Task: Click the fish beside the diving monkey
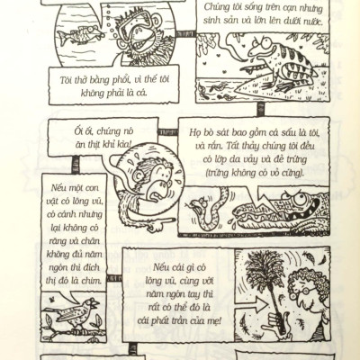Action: click(x=81, y=34)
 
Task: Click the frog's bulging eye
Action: click(x=265, y=42)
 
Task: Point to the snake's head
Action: click(x=199, y=205)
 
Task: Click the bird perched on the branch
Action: click(x=74, y=313)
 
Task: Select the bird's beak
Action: click(x=95, y=303)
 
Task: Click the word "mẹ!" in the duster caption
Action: click(x=214, y=321)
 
